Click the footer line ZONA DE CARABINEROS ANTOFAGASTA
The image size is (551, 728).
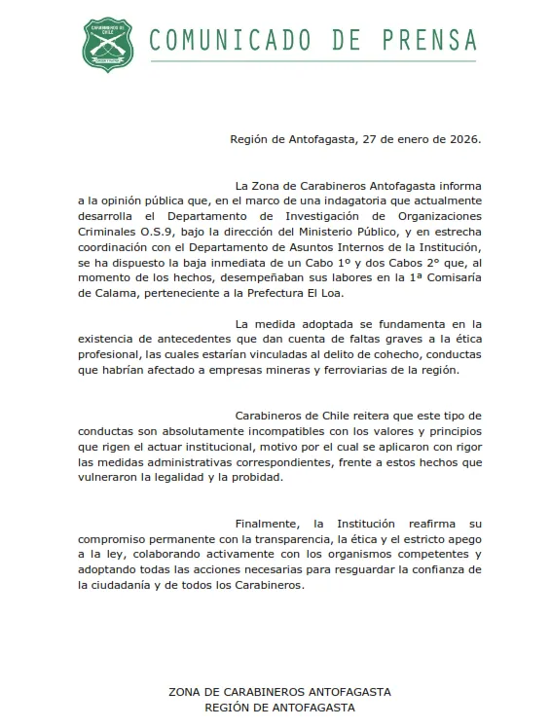coord(279,691)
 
